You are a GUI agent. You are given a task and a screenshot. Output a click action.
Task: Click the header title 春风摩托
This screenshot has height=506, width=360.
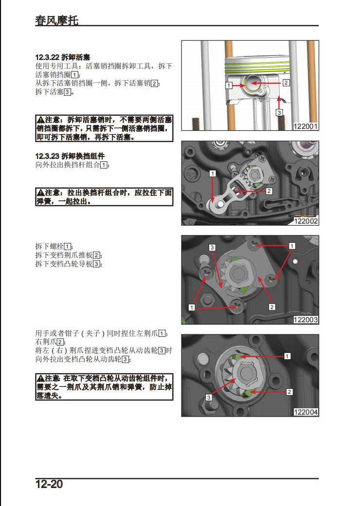pos(56,20)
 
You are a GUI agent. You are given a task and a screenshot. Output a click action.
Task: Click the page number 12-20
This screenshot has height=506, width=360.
pos(49,485)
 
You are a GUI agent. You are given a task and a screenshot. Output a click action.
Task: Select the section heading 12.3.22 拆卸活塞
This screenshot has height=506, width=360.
pos(63,57)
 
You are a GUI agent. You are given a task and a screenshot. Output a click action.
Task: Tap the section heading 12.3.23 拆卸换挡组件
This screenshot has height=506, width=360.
pos(70,156)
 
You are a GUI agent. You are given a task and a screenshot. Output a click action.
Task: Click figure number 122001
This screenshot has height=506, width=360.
pos(306,126)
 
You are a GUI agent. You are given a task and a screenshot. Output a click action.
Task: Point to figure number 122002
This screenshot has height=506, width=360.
pos(306,221)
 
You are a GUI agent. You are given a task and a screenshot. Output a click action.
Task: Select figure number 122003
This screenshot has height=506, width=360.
pos(306,319)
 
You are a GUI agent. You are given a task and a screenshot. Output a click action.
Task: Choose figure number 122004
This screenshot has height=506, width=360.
pos(306,412)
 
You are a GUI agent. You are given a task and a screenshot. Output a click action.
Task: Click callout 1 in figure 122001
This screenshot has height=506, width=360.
pos(228,86)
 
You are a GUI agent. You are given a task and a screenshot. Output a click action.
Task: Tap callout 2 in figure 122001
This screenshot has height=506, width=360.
pos(286,83)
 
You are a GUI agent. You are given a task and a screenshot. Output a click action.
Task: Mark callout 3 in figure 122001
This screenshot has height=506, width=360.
pos(279,113)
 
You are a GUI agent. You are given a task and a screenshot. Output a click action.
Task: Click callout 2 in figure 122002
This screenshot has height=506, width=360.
pos(269,191)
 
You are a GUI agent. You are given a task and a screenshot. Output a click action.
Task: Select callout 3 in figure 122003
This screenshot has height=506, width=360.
pos(212,248)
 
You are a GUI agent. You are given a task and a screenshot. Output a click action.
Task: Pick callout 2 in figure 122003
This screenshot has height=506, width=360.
pos(272,307)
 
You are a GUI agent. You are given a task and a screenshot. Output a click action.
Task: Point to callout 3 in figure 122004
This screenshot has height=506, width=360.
pos(208,398)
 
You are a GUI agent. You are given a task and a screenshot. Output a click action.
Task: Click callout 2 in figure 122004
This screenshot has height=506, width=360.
pos(289,391)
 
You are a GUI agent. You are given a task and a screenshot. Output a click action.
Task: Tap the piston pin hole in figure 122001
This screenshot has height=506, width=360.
pos(253,84)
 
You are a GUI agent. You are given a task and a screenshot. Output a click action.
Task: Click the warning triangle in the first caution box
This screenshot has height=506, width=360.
pos(41,120)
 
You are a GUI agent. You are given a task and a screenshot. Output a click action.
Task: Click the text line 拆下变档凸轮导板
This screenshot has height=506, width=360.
pos(69,264)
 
